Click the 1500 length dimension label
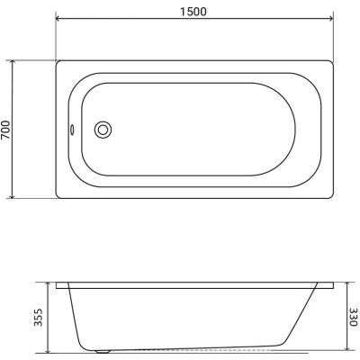click(x=193, y=12)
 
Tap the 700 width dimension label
click(x=5, y=130)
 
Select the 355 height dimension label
click(x=39, y=317)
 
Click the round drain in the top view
click(x=103, y=130)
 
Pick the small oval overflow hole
click(x=72, y=130)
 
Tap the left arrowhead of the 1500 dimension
click(x=58, y=19)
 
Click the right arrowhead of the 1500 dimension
click(x=330, y=19)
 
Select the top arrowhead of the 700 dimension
click(x=12, y=62)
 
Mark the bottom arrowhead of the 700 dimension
click(x=12, y=196)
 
